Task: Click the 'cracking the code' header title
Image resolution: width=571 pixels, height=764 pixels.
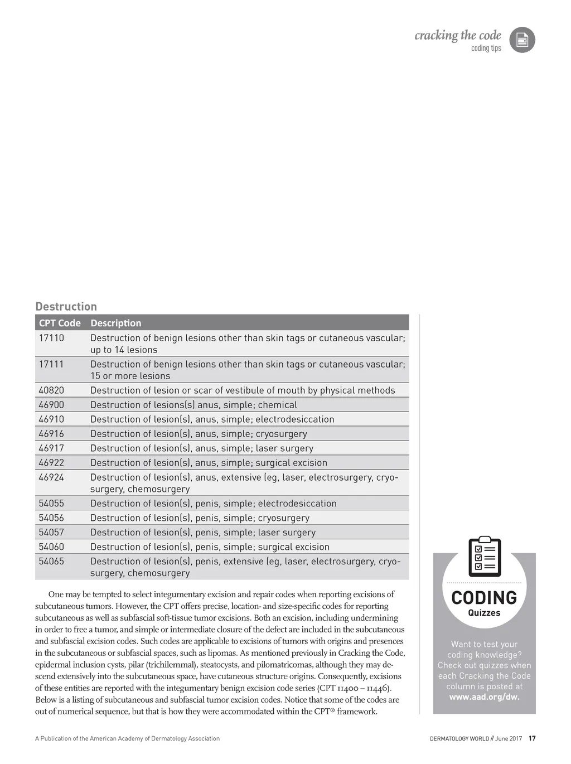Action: tap(457, 36)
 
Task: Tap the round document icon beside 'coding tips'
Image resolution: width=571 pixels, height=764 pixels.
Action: tap(522, 40)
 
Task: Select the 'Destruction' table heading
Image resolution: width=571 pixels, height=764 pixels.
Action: tap(66, 306)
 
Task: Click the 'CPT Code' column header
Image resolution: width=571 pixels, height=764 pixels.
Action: tap(60, 323)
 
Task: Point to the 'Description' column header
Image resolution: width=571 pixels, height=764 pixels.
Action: tap(115, 323)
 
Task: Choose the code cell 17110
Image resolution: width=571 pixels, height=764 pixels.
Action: tap(51, 338)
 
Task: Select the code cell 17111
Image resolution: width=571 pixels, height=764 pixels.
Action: tap(51, 364)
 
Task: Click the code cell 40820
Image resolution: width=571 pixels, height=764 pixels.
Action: tap(51, 390)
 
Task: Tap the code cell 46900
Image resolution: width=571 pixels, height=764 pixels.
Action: tap(51, 405)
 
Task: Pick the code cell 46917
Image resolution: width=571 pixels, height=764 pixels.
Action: tap(51, 448)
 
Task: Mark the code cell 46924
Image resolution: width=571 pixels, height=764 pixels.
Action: tap(51, 477)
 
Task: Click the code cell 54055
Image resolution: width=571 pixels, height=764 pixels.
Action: tap(51, 504)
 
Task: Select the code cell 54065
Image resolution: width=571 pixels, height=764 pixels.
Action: tap(51, 562)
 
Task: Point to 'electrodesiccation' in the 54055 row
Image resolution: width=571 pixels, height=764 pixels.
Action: tap(297, 504)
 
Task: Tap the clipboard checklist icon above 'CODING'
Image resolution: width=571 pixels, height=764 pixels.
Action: tap(485, 557)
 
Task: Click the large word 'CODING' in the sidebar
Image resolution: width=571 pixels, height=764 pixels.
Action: tap(484, 598)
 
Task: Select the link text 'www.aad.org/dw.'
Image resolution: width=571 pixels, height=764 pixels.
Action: tap(484, 697)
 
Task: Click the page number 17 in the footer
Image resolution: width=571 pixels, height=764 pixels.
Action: tap(532, 738)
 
